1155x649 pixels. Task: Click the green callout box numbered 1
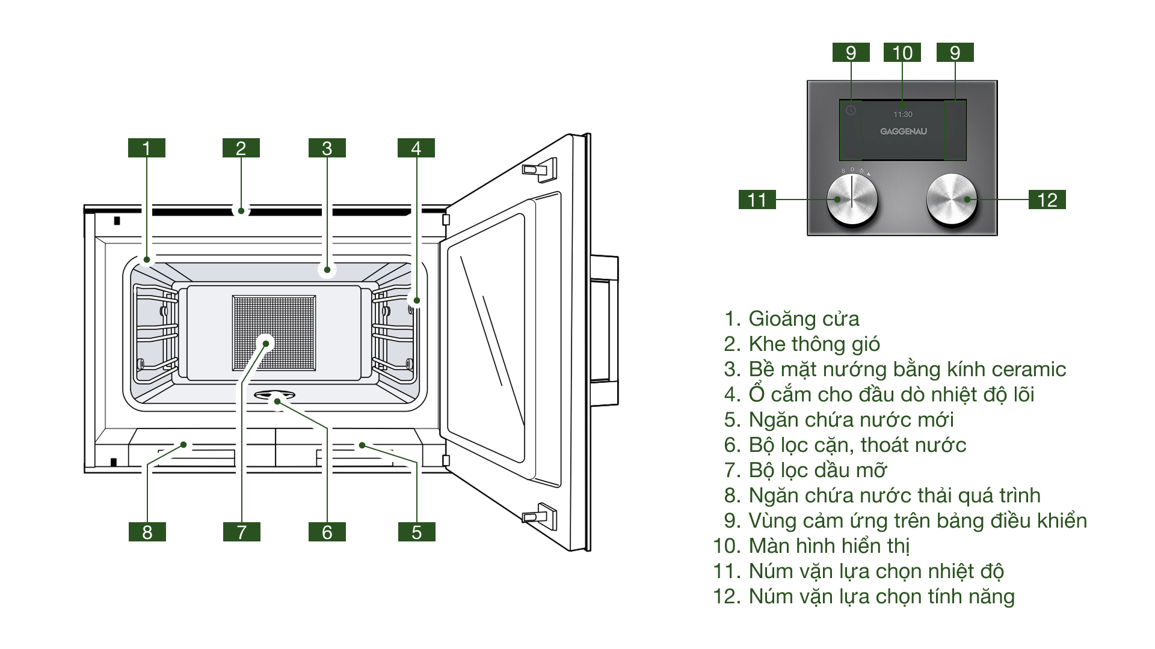click(146, 148)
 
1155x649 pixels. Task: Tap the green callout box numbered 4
click(416, 148)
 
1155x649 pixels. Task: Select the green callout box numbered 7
click(241, 532)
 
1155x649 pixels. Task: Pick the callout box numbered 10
click(902, 53)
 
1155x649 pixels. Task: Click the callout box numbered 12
click(1047, 200)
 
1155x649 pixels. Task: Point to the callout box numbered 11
click(757, 200)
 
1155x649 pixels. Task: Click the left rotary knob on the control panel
click(851, 200)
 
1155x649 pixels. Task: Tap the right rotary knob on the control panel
click(951, 200)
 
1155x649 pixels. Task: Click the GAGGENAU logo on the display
click(903, 132)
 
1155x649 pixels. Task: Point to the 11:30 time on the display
click(902, 114)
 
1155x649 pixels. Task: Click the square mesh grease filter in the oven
click(274, 332)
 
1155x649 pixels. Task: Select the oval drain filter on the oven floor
click(274, 395)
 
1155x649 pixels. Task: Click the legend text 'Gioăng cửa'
click(803, 318)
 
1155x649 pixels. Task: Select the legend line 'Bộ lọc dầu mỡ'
click(817, 470)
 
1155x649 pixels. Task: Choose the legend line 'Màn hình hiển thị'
click(828, 546)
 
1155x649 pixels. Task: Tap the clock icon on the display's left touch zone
click(851, 111)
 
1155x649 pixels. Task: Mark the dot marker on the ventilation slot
click(241, 211)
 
